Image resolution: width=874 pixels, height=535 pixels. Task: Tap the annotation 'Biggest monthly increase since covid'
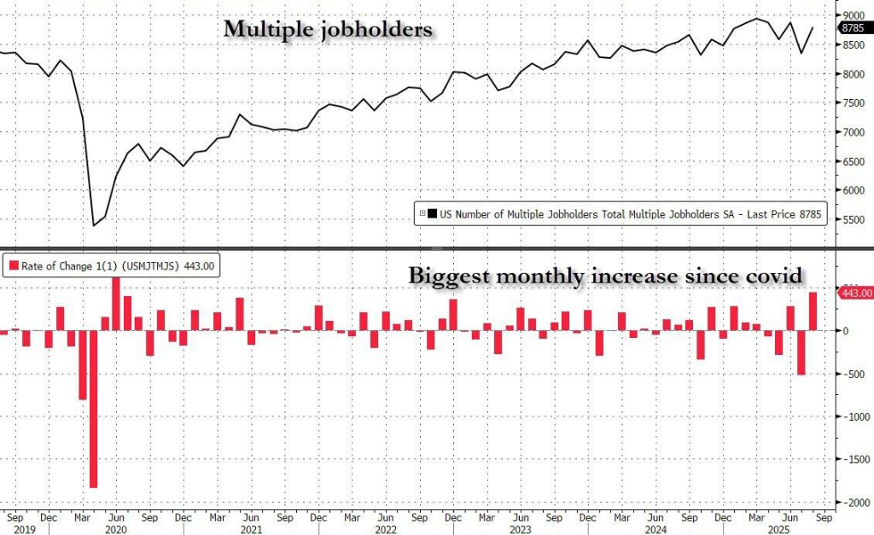point(606,276)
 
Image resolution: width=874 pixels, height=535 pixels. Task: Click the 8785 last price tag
point(854,27)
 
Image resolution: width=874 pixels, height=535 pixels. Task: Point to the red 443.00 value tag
point(856,293)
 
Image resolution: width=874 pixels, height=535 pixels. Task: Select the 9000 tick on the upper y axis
point(854,15)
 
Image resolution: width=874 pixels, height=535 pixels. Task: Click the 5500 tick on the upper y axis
point(854,220)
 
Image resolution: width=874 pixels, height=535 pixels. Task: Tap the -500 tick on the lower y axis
point(854,374)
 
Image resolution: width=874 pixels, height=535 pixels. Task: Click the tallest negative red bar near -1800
point(93,409)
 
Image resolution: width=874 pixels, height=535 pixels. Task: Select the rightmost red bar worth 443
point(813,311)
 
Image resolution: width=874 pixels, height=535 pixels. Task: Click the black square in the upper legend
point(433,215)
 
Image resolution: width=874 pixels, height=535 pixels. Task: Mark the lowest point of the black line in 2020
point(93,226)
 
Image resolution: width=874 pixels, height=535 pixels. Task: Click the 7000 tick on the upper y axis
point(854,132)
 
